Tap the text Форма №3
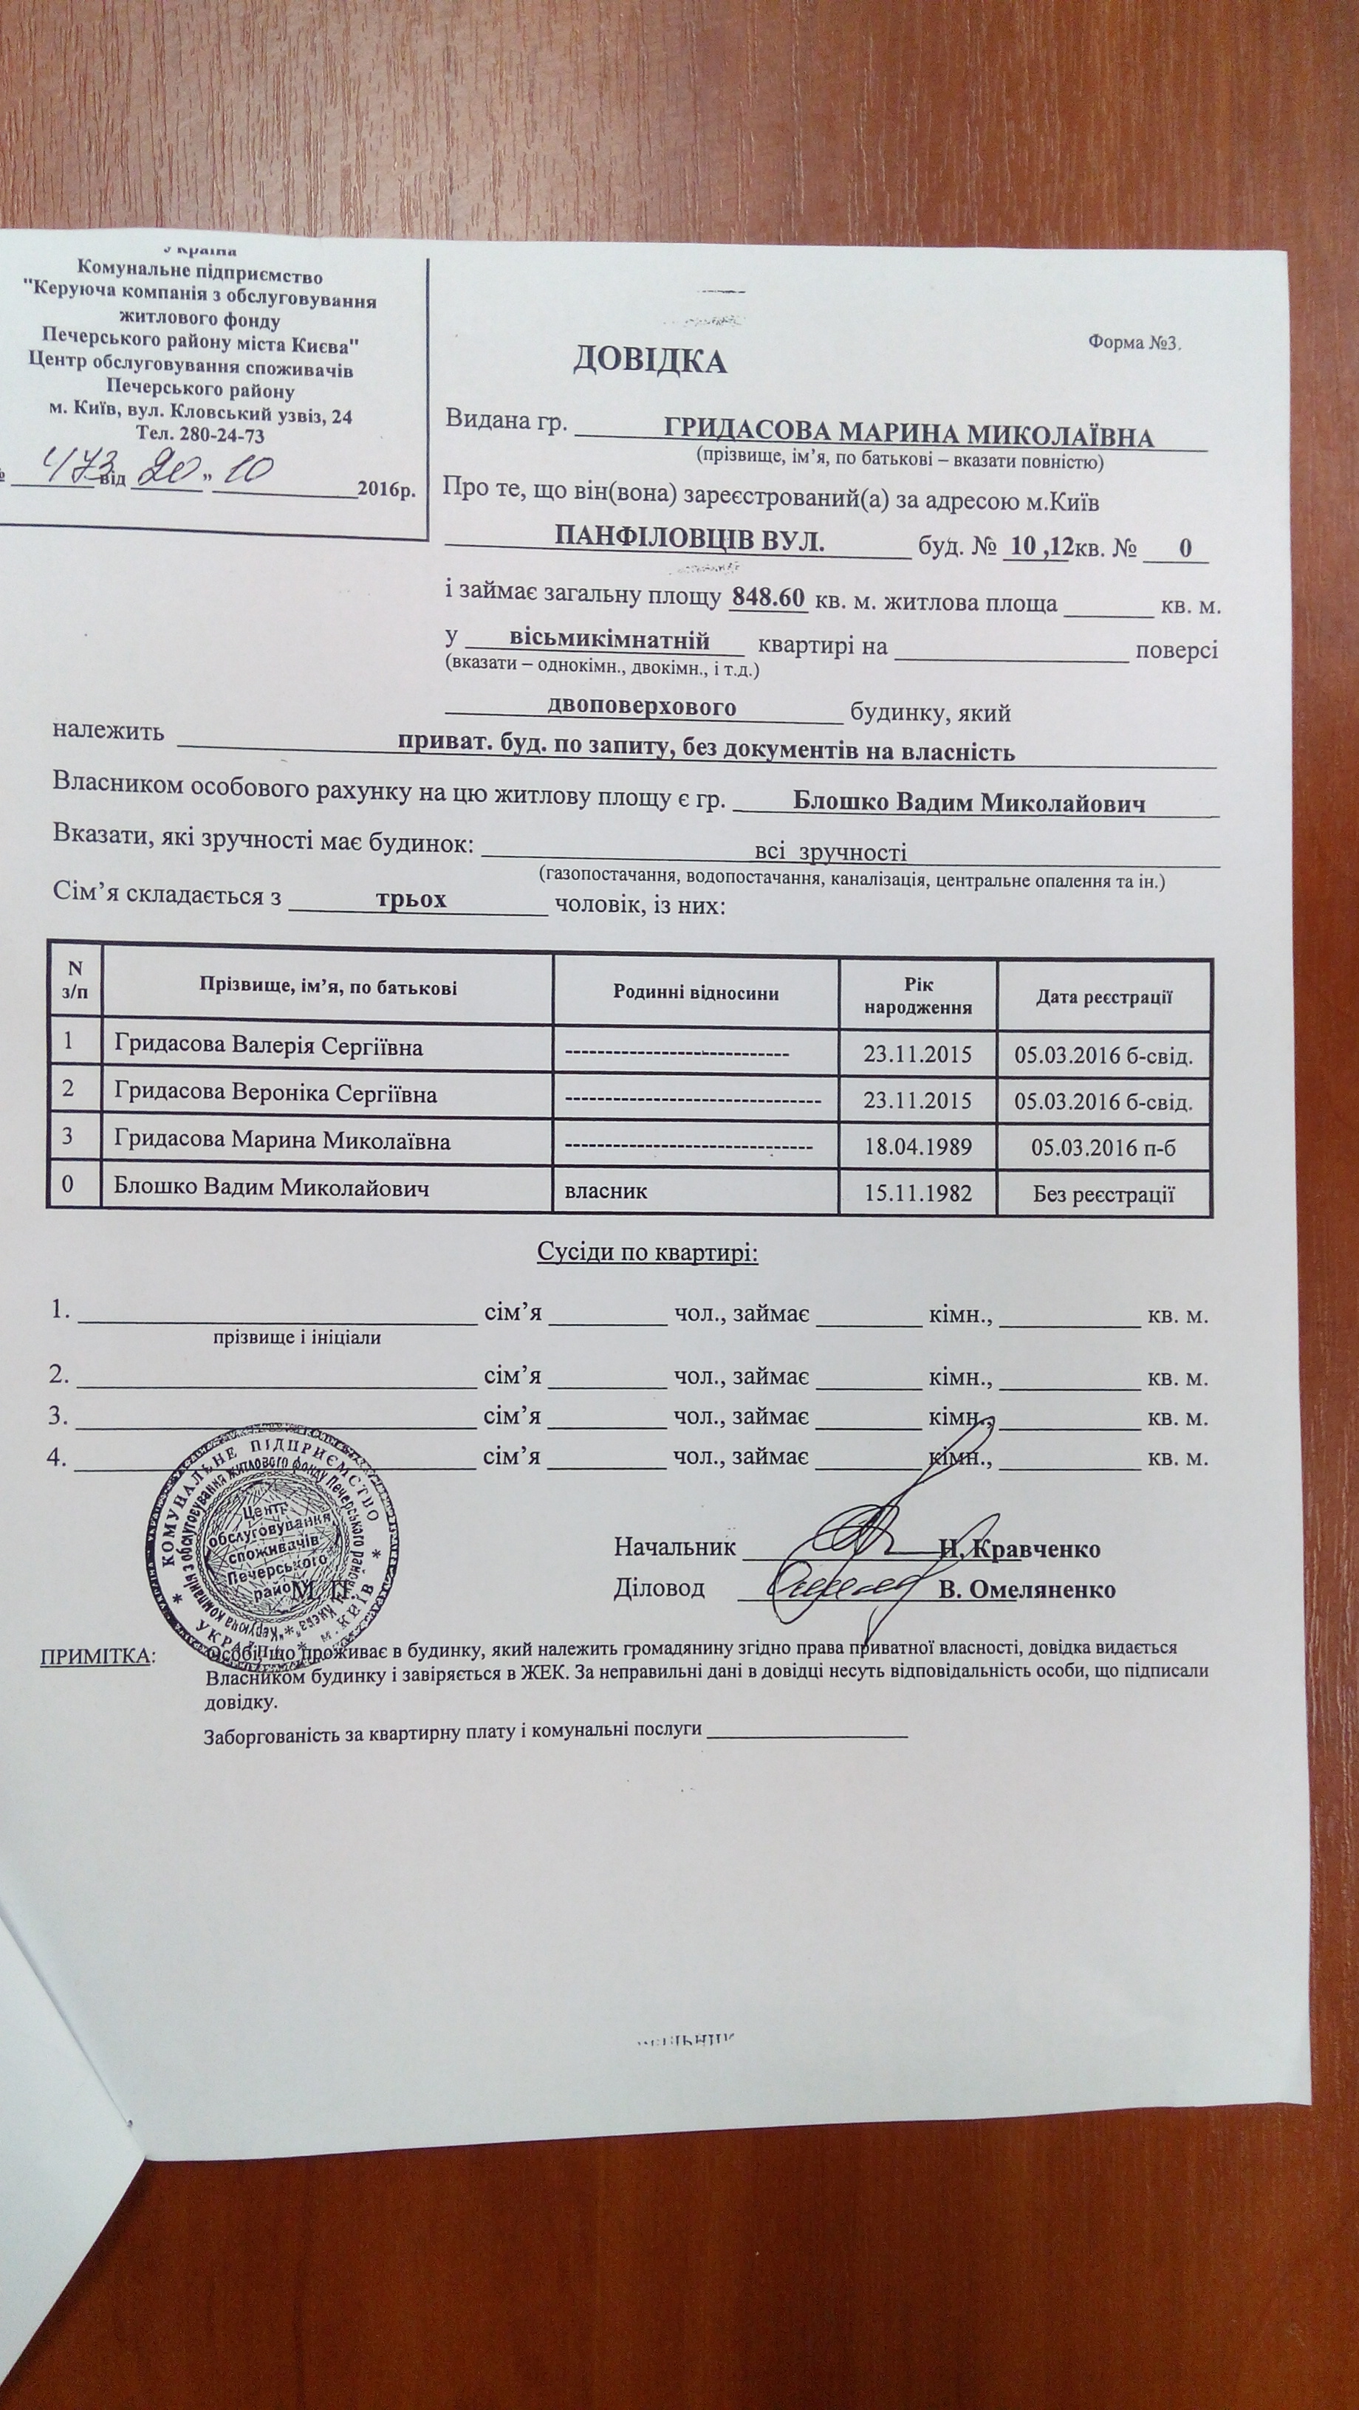point(1135,343)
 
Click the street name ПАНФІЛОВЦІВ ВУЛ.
point(690,540)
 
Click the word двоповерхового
point(642,707)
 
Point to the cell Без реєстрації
point(1103,1195)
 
